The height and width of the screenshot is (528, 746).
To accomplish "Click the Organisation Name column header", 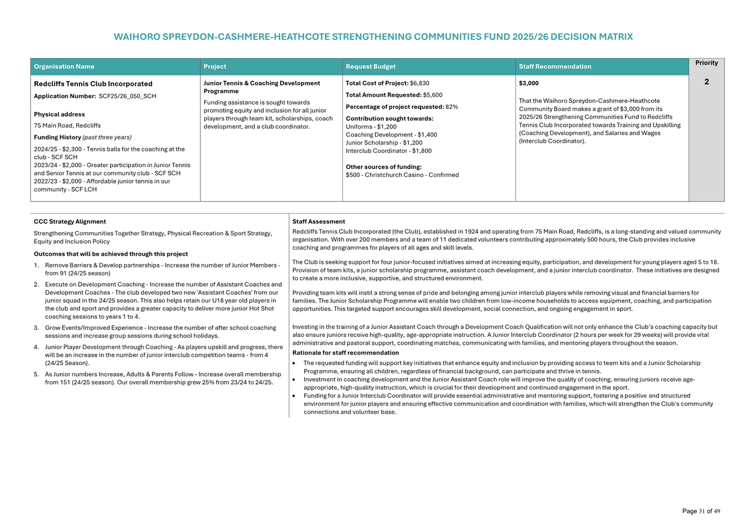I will pos(64,67).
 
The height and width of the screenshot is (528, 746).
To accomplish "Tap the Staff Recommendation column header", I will pos(555,67).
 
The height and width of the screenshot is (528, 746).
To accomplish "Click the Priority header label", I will pos(707,63).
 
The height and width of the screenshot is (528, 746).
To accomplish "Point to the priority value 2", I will pos(707,82).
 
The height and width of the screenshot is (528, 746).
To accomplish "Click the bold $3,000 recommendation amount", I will pos(529,83).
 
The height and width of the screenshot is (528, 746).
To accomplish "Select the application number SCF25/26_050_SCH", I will pos(128,97).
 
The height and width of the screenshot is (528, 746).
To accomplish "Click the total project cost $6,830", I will pos(419,83).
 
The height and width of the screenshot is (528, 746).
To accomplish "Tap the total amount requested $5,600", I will pos(433,95).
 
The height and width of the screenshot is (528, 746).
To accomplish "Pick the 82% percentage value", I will pos(452,107).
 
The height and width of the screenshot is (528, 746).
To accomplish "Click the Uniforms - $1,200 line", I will pos(371,127).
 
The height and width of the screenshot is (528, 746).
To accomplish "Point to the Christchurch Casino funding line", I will pos(402,175).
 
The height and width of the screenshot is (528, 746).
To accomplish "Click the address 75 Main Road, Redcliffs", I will pos(67,126).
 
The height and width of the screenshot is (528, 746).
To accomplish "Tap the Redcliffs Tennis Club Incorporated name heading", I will pos(93,84).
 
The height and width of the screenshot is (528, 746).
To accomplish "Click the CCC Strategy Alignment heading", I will pos(70,222).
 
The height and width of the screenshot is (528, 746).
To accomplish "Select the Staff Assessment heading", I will pos(319,222).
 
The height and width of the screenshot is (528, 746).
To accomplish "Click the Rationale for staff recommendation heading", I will pos(345,353).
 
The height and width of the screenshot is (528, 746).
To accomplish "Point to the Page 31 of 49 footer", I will pos(701,511).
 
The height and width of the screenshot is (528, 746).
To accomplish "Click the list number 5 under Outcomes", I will pos(36,374).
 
